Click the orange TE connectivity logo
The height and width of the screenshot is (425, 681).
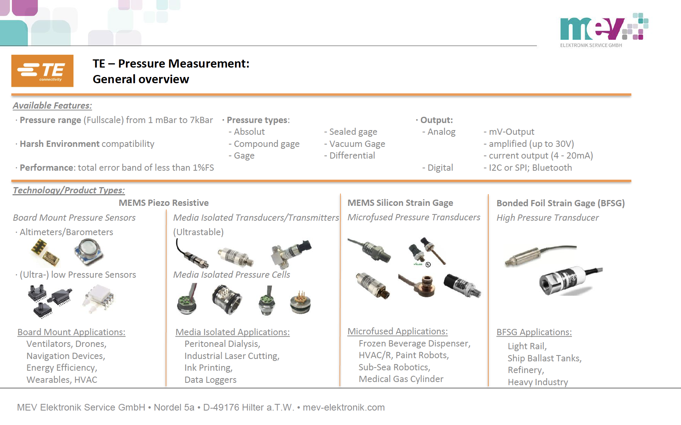pos(42,71)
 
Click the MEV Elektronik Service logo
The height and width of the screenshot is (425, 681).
pos(604,29)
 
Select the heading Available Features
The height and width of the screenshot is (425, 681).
pos(52,105)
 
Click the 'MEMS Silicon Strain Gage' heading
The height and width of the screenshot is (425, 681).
pos(400,203)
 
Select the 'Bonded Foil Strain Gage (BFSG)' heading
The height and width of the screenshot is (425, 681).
pos(560,203)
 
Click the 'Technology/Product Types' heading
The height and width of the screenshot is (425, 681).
pos(69,190)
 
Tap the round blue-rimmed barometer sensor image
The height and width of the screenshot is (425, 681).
pos(88,251)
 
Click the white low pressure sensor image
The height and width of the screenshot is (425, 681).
pos(99,299)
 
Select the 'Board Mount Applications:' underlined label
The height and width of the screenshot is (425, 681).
pos(71,332)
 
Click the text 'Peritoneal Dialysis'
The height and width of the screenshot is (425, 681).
pos(222,344)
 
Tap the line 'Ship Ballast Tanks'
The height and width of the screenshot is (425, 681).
pos(544,358)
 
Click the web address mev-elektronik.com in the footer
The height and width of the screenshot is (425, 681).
pos(344,407)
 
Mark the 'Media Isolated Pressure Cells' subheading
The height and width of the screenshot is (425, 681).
pos(231,275)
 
